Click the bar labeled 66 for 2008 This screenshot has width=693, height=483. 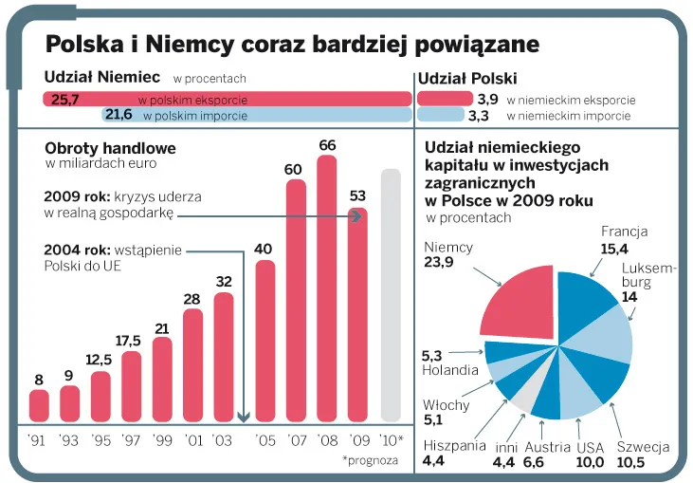coord(327,288)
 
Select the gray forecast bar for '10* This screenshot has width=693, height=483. coord(391,295)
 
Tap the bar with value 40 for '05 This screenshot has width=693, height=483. coord(265,341)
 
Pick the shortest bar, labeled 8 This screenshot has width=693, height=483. coord(39,405)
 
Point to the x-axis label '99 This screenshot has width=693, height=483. coord(161,440)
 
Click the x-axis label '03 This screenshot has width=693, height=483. coord(223,440)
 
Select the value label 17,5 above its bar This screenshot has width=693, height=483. coord(130,341)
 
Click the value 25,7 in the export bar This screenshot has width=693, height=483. coord(65,99)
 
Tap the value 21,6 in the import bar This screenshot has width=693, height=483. coord(119,116)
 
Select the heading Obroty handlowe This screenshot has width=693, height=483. coord(110,149)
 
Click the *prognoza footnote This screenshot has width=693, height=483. coord(371,460)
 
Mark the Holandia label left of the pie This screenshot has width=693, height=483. coord(450,370)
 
